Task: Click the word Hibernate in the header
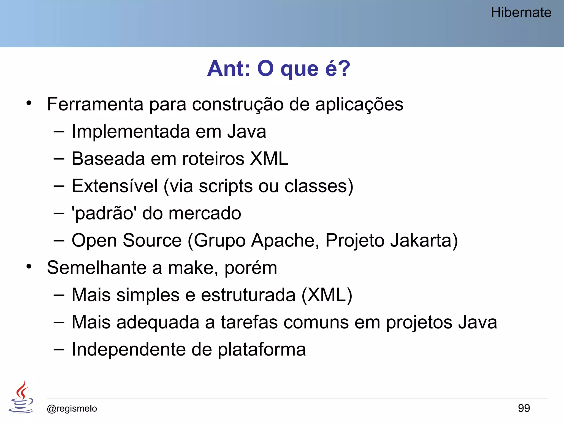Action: tap(521, 13)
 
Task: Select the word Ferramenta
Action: tap(95, 104)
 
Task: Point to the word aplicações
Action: tap(359, 105)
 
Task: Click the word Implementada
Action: tap(131, 131)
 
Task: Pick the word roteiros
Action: tap(213, 159)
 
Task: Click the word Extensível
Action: tap(115, 186)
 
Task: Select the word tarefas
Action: tap(249, 322)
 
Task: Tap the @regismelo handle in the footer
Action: tap(72, 409)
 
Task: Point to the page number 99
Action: tap(524, 408)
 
